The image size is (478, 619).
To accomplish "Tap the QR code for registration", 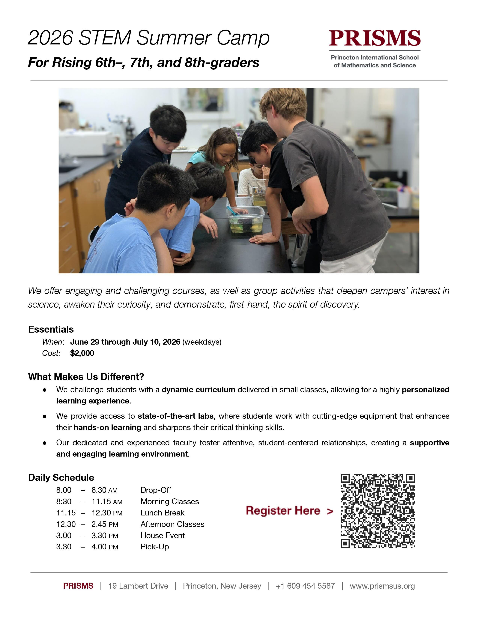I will (378, 511).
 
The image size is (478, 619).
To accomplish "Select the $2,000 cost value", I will (82, 353).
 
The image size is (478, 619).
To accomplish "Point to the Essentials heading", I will (51, 329).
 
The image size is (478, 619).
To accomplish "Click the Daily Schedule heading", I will (61, 478).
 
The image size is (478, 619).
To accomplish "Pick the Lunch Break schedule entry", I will (163, 513).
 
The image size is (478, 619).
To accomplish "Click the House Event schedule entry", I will (163, 535).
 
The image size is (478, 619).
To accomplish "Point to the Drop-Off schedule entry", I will (156, 490).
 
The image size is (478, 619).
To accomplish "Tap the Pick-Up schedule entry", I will (155, 547).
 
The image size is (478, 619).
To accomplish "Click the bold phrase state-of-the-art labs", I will (176, 416).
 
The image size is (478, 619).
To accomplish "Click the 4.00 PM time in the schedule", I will (104, 547).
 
